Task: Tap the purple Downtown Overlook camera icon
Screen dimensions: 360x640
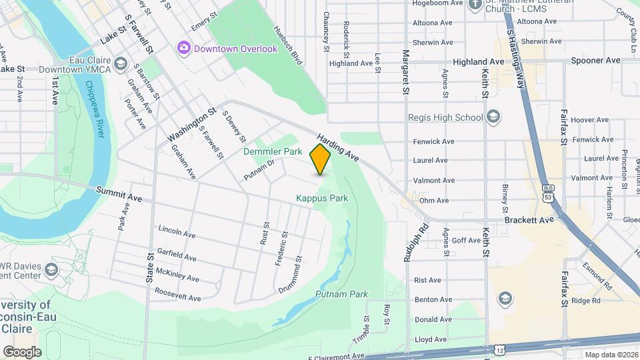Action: pyautogui.click(x=184, y=48)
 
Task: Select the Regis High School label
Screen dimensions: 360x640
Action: pyautogui.click(x=445, y=118)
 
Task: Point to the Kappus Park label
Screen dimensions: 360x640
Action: pyautogui.click(x=322, y=198)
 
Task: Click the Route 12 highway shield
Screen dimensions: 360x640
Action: pyautogui.click(x=500, y=349)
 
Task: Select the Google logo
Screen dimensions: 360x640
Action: pyautogui.click(x=22, y=351)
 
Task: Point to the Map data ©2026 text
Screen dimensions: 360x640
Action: pyautogui.click(x=611, y=354)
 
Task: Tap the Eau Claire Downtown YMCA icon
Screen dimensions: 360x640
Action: pyautogui.click(x=120, y=63)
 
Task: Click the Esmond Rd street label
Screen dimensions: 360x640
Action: pyautogui.click(x=603, y=273)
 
